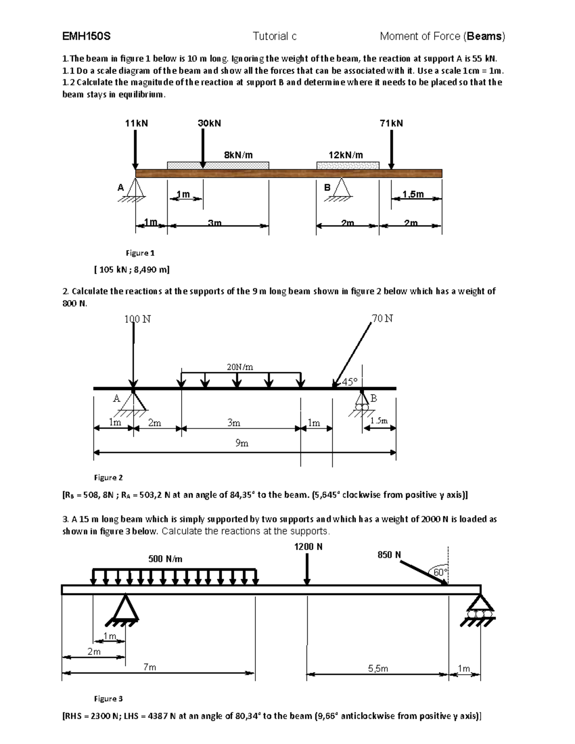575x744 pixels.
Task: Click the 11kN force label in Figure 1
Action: tap(136, 123)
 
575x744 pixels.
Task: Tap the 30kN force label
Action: tap(209, 123)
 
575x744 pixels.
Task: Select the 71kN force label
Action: tap(391, 123)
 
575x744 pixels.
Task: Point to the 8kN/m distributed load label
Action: tap(238, 155)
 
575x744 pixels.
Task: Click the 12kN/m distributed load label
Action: tap(345, 155)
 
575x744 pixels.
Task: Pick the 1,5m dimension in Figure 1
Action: tap(413, 194)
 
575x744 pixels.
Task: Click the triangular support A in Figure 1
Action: tap(136, 188)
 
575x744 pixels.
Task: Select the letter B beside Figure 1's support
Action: tap(327, 188)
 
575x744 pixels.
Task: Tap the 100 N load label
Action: tap(138, 319)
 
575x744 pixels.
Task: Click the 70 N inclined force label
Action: tap(382, 318)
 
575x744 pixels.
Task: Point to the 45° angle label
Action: tap(349, 382)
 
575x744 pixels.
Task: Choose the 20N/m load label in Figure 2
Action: tap(240, 367)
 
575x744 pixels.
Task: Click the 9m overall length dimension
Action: tap(241, 443)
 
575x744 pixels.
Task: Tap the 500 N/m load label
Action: tap(165, 559)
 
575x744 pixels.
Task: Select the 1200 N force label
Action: tap(308, 547)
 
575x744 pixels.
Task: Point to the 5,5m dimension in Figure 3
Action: tap(378, 668)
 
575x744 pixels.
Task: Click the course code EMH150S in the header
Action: tap(86, 36)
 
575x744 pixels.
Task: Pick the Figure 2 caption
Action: tap(108, 477)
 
